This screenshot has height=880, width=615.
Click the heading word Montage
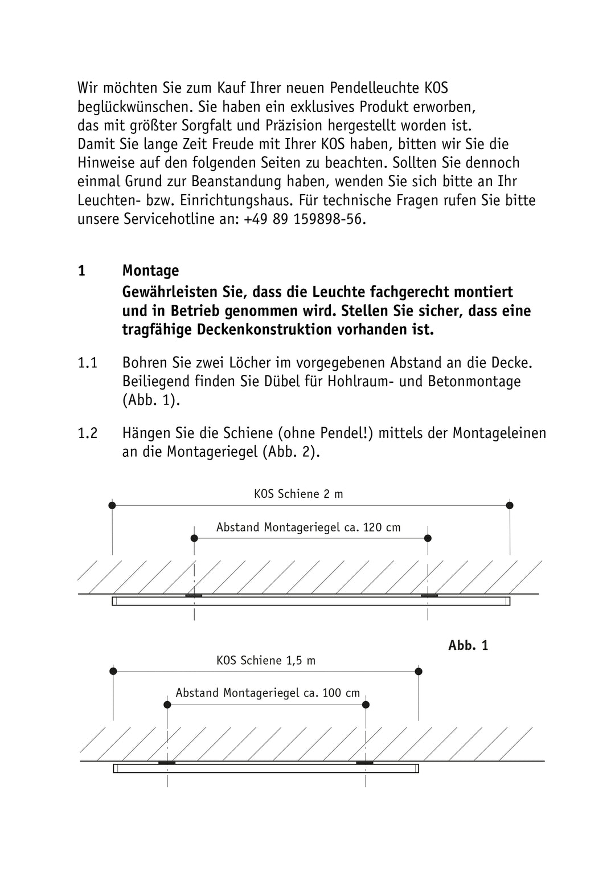click(150, 271)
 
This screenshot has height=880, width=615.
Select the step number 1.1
click(88, 363)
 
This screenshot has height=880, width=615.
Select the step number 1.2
click(88, 433)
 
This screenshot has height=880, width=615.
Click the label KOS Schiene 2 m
click(298, 494)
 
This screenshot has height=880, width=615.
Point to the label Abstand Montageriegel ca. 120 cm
click(308, 527)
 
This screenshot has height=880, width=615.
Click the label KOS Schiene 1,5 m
click(265, 661)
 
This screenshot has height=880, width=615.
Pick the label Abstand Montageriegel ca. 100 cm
click(268, 693)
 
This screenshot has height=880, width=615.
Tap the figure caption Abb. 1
click(468, 645)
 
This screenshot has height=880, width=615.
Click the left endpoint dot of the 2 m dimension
click(112, 505)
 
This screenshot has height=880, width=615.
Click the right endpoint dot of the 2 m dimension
click(510, 505)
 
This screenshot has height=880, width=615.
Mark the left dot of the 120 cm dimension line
click(194, 538)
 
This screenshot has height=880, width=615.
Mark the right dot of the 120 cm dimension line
click(428, 538)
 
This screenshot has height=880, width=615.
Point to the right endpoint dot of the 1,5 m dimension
click(419, 672)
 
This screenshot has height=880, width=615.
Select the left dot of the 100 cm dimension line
click(167, 705)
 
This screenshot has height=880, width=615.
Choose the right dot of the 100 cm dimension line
click(366, 705)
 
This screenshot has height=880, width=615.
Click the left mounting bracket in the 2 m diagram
click(194, 596)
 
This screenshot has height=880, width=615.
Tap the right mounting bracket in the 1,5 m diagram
click(364, 762)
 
